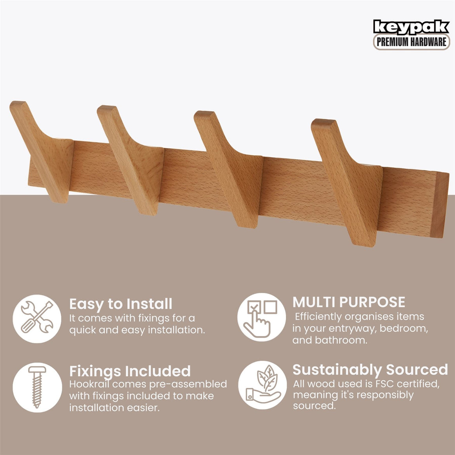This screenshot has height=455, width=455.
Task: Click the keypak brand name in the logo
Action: tap(411, 27)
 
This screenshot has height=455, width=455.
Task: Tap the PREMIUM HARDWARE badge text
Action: tap(411, 42)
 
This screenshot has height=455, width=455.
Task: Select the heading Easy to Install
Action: tap(121, 304)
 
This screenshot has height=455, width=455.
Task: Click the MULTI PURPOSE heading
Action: tap(349, 302)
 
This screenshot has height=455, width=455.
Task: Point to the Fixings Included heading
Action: tap(130, 371)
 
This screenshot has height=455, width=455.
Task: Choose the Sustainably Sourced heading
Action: tap(370, 369)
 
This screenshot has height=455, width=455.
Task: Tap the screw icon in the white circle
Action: tap(37, 387)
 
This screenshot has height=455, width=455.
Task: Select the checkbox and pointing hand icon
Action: tap(262, 318)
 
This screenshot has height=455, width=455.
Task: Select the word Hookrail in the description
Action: tap(89, 384)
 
